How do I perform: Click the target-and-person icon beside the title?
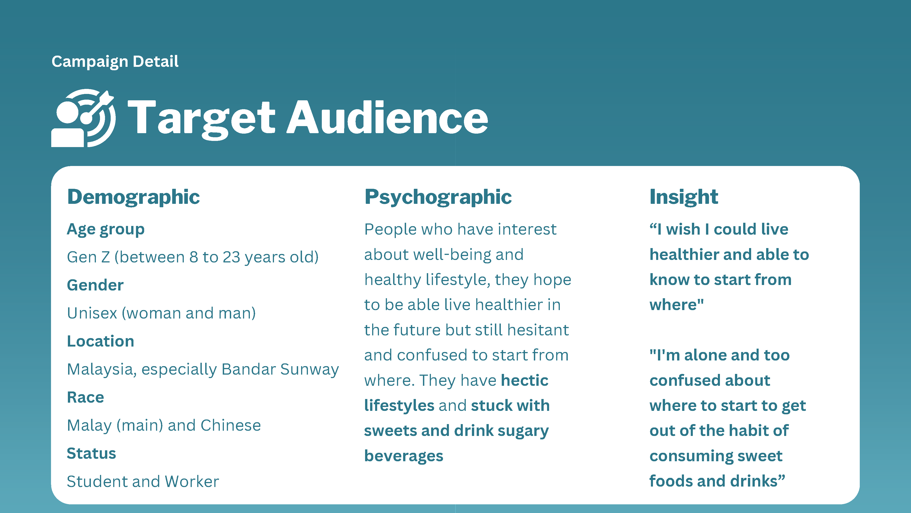(x=83, y=118)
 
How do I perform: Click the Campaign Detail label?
(x=115, y=62)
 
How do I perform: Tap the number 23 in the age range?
(x=231, y=257)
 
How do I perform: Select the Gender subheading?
(x=95, y=285)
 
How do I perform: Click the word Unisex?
(x=92, y=313)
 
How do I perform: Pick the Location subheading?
(x=100, y=341)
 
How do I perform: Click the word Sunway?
(x=310, y=370)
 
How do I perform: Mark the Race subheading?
(x=86, y=397)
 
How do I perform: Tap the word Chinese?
(x=230, y=425)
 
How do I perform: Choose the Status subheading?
(x=91, y=453)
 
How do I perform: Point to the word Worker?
(x=192, y=482)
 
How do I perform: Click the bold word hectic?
(x=525, y=380)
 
